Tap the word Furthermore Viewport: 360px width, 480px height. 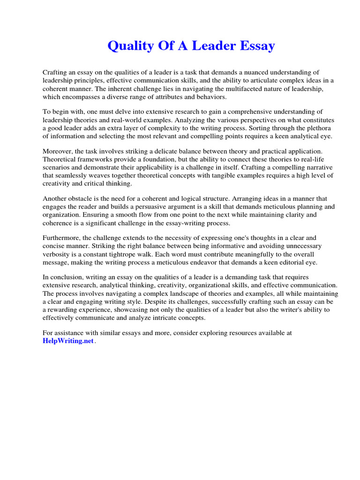point(61,238)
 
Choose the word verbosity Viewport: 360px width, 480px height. point(57,254)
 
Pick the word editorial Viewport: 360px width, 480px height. point(295,262)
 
